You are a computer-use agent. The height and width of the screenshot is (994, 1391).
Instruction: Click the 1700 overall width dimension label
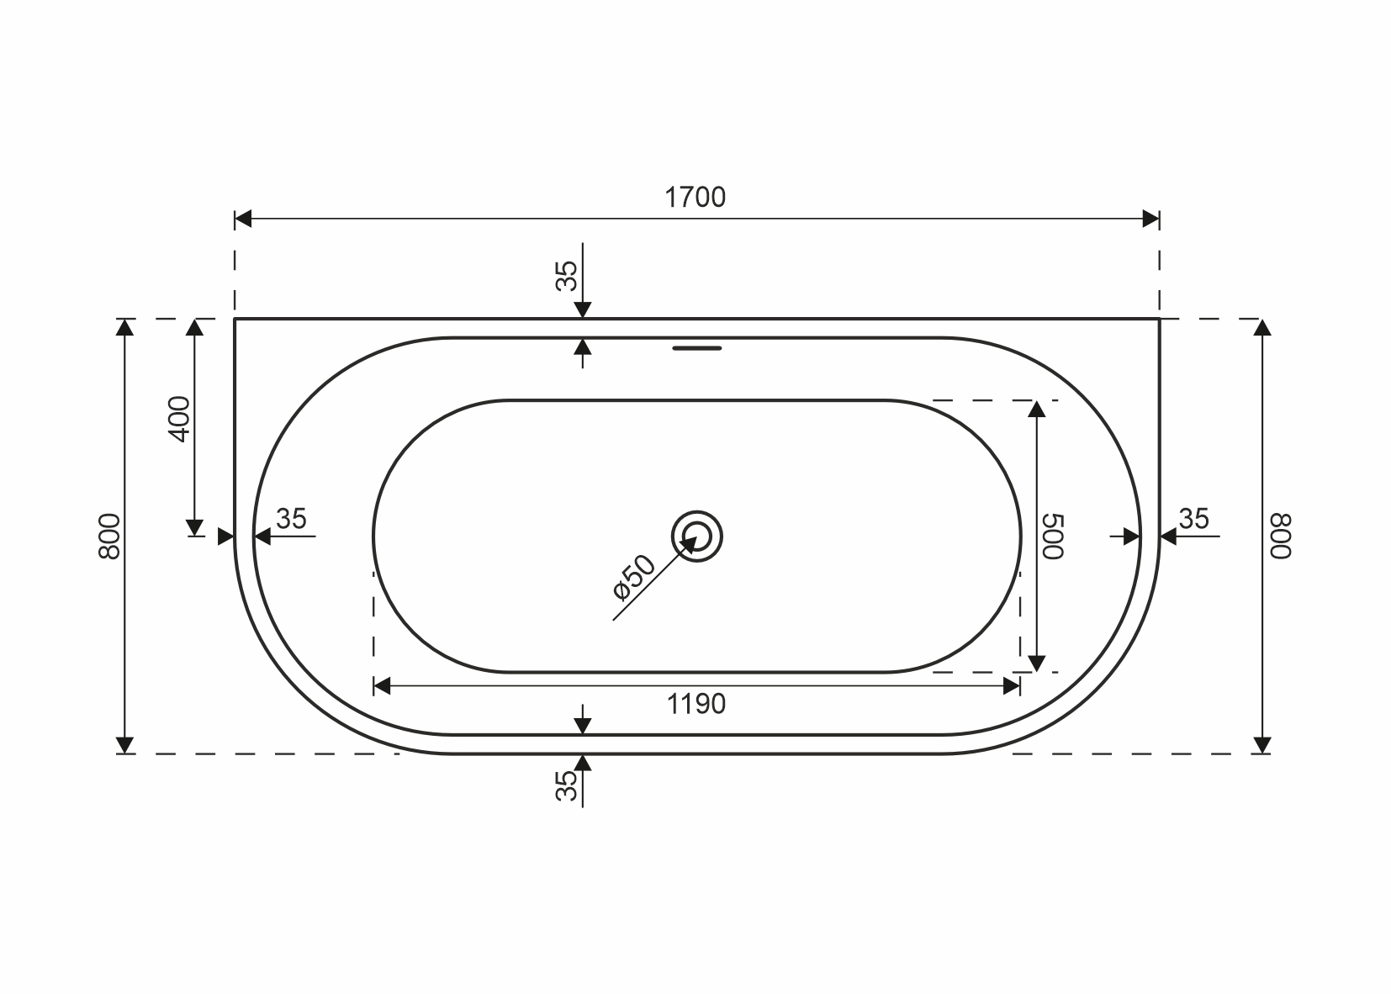[x=695, y=198]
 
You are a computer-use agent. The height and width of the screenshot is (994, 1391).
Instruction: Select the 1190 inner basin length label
[x=696, y=704]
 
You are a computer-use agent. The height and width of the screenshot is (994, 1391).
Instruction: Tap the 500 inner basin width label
[x=1053, y=537]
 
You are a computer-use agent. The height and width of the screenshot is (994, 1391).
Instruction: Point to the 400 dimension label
[x=180, y=419]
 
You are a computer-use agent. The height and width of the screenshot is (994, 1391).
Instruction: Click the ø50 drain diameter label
[x=633, y=577]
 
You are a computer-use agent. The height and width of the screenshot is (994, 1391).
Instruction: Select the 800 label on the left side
[x=110, y=537]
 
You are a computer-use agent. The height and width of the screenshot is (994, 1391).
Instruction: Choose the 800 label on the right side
[x=1280, y=537]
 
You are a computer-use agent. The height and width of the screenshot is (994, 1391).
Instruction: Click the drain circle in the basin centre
[x=696, y=511]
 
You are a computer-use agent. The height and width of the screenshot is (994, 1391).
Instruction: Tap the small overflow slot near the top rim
[x=696, y=348]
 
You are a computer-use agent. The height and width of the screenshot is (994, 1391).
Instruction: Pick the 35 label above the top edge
[x=566, y=277]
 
